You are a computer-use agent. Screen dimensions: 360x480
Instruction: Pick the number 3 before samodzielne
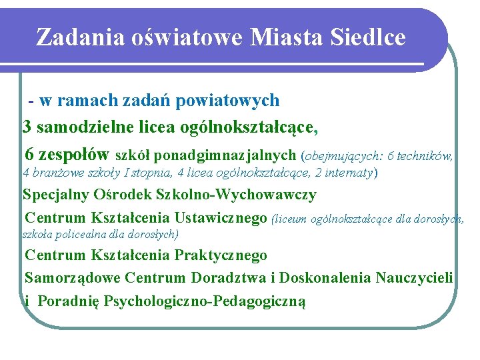pyautogui.click(x=27, y=126)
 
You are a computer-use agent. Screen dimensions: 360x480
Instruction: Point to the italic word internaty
pyautogui.click(x=349, y=173)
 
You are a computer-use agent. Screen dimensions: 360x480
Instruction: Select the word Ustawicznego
pyautogui.click(x=221, y=218)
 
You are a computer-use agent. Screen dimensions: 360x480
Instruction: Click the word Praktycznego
pyautogui.click(x=221, y=255)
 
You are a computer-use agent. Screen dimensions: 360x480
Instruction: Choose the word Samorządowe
pyautogui.click(x=73, y=277)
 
